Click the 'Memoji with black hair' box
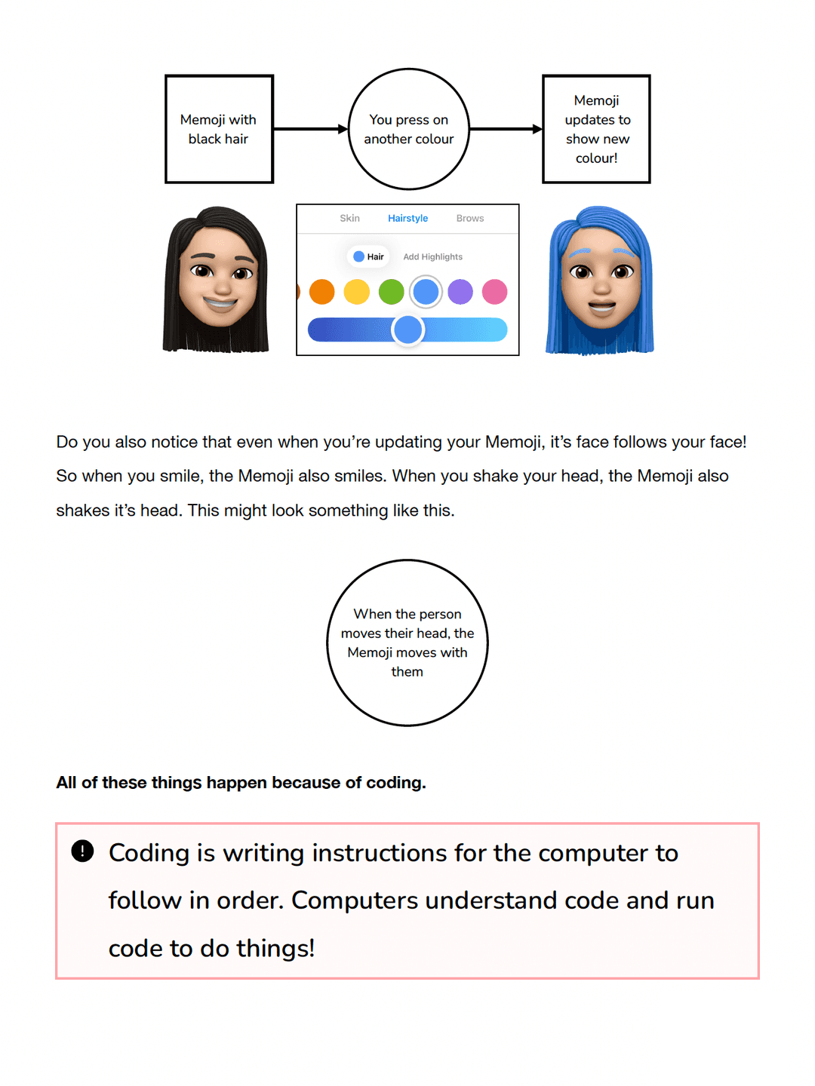[x=219, y=129]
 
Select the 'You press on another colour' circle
[x=408, y=129]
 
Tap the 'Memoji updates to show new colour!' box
[x=596, y=129]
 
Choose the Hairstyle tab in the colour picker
[x=407, y=219]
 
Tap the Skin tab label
[x=349, y=219]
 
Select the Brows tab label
[x=469, y=219]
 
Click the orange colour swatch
[x=322, y=292]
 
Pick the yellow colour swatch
[x=357, y=292]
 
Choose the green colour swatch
[x=391, y=292]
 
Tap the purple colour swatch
[x=460, y=292]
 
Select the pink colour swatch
[x=495, y=292]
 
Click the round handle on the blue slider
[x=408, y=330]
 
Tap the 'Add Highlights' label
[x=432, y=257]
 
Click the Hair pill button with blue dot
[x=368, y=257]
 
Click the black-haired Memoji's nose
[x=221, y=287]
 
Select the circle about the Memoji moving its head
[x=407, y=643]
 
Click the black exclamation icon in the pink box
[x=82, y=851]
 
